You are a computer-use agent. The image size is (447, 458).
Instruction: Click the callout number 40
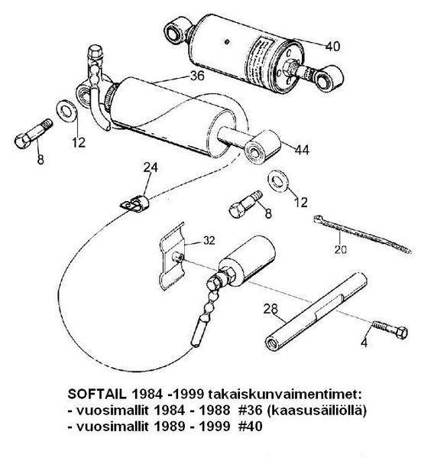pos(333,47)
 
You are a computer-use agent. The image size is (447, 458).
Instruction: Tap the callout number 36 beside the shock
pos(197,76)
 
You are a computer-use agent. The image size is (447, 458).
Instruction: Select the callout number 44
pos(302,150)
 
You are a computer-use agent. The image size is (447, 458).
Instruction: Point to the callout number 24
pos(151,167)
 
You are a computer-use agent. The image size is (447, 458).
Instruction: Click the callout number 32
pos(209,241)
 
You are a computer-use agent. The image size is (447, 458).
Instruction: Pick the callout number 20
pos(341,249)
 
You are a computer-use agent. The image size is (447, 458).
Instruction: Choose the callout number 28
pos(270,309)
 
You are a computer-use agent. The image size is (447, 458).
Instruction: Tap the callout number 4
pos(364,343)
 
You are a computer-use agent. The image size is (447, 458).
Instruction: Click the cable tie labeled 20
pos(362,234)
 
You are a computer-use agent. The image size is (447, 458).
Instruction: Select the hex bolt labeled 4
pos(390,330)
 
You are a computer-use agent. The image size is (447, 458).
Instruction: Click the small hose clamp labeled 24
pos(134,203)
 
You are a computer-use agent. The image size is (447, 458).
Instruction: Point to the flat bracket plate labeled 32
pos(172,256)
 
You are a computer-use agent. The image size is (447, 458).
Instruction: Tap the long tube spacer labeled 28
pos(316,311)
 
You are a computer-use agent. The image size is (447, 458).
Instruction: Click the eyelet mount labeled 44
pos(262,147)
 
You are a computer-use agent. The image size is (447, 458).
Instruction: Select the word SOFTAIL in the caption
pos(97,394)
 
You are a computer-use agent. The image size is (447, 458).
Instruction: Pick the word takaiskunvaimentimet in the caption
pos(285,394)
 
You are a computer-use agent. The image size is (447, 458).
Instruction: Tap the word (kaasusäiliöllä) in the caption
pos(316,411)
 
